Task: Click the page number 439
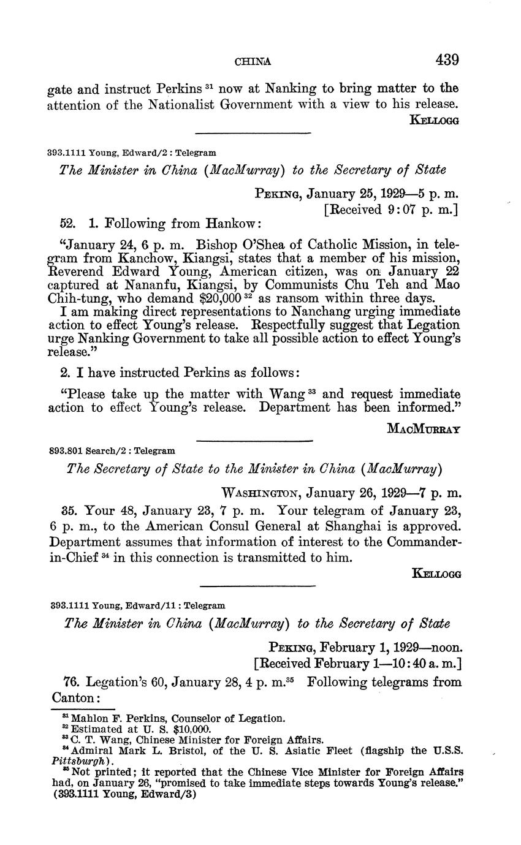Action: (x=447, y=60)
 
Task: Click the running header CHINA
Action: (x=253, y=61)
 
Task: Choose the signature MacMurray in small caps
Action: (x=424, y=429)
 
